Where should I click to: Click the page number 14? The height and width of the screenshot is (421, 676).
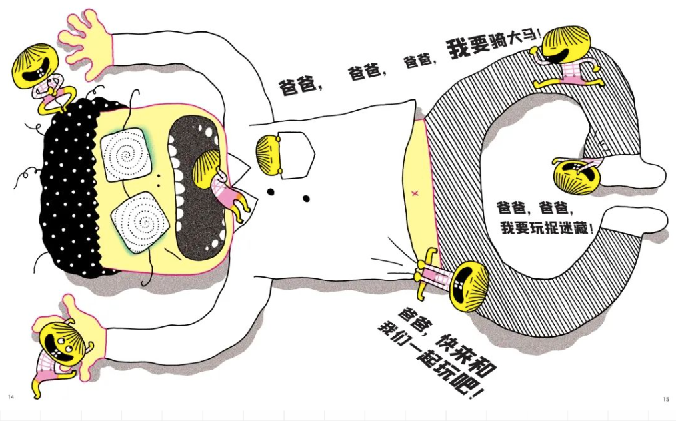tap(11, 396)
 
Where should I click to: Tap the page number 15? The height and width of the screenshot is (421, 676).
tap(665, 400)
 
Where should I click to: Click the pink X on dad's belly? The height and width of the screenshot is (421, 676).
tap(415, 193)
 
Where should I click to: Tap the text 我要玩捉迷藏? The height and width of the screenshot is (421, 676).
tap(547, 227)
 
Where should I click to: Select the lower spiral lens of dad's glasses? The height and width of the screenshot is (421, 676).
tap(139, 222)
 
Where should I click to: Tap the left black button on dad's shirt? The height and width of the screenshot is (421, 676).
tap(271, 191)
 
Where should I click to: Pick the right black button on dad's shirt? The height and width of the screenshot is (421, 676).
tap(306, 199)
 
